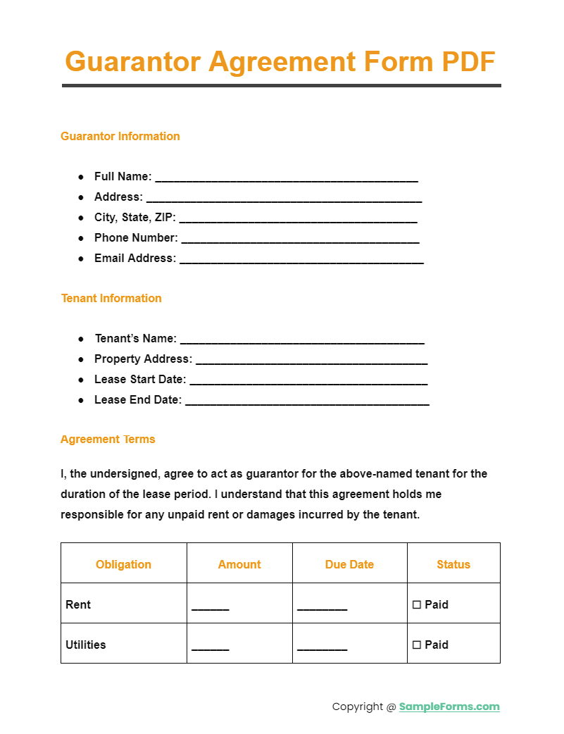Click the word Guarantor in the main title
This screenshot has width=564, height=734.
132,61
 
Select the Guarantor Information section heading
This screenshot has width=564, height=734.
120,136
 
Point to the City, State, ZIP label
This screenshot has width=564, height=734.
134,217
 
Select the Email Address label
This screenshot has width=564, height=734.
134,258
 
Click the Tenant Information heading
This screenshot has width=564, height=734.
111,298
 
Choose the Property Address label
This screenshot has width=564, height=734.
143,359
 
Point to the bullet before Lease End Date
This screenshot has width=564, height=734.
81,400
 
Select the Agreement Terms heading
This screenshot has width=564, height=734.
108,439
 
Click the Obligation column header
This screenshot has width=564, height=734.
123,564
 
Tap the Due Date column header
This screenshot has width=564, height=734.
349,564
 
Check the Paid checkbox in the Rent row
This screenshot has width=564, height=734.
417,604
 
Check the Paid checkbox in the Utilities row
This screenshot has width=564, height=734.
417,645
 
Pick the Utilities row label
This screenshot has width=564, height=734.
86,645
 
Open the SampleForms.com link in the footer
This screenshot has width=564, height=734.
449,707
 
